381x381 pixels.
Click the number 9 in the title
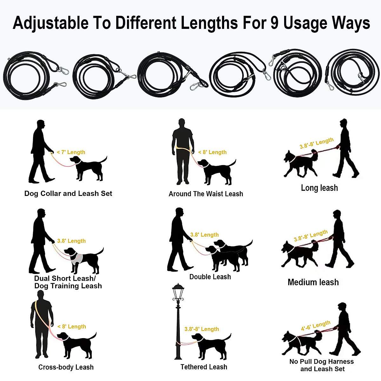pos(274,23)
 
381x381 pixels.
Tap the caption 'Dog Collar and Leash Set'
pos(68,194)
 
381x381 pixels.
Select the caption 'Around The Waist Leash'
pos(206,194)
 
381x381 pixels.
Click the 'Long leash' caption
pos(319,188)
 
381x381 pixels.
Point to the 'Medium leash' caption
pos(313,282)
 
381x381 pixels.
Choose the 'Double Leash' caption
pos(210,277)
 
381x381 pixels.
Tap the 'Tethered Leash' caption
pos(204,367)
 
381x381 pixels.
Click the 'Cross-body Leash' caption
pos(66,367)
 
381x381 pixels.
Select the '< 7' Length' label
pos(71,152)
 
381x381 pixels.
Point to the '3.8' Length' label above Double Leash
pos(204,235)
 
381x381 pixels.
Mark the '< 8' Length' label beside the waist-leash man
pos(212,152)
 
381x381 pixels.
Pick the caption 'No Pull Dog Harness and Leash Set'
pos(321,365)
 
